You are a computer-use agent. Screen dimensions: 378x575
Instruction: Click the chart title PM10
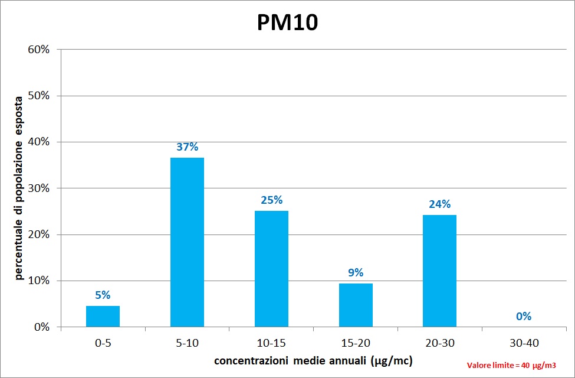[287, 22]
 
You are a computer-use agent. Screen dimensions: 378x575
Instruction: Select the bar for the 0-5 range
[103, 316]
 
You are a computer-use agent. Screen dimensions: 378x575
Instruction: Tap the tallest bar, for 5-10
[187, 242]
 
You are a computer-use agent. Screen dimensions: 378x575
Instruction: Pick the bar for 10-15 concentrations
[271, 269]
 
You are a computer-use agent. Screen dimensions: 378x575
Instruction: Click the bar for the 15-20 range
[356, 305]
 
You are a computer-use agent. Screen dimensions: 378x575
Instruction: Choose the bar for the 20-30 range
[439, 271]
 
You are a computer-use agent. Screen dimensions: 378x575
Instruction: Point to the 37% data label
[187, 146]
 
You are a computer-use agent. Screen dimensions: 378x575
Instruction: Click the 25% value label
[271, 200]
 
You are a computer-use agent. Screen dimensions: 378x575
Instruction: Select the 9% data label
[356, 272]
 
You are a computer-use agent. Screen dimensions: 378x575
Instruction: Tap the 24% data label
[439, 204]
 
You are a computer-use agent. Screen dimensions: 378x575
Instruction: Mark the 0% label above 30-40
[524, 316]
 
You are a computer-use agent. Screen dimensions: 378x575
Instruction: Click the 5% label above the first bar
[103, 295]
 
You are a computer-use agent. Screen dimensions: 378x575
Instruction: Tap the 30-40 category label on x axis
[524, 343]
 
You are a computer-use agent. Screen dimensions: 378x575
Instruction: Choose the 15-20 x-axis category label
[356, 343]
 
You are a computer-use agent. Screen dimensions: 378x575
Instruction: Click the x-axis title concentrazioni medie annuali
[313, 360]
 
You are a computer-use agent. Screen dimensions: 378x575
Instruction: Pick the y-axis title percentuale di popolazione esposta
[19, 188]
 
